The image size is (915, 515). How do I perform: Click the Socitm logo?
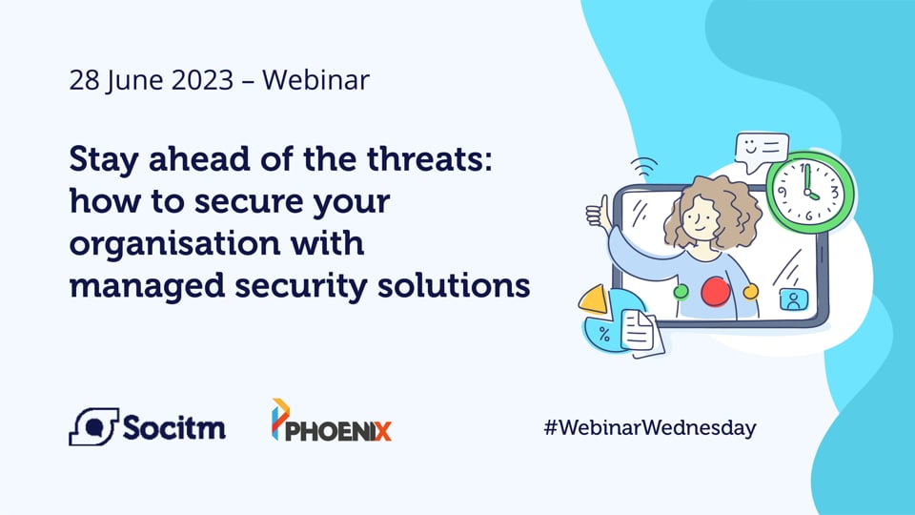[147, 426]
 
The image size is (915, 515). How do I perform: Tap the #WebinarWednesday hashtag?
[650, 427]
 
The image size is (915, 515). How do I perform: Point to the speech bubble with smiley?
[762, 149]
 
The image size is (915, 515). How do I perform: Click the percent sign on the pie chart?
[604, 334]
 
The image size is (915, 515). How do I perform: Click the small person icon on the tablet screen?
[791, 299]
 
